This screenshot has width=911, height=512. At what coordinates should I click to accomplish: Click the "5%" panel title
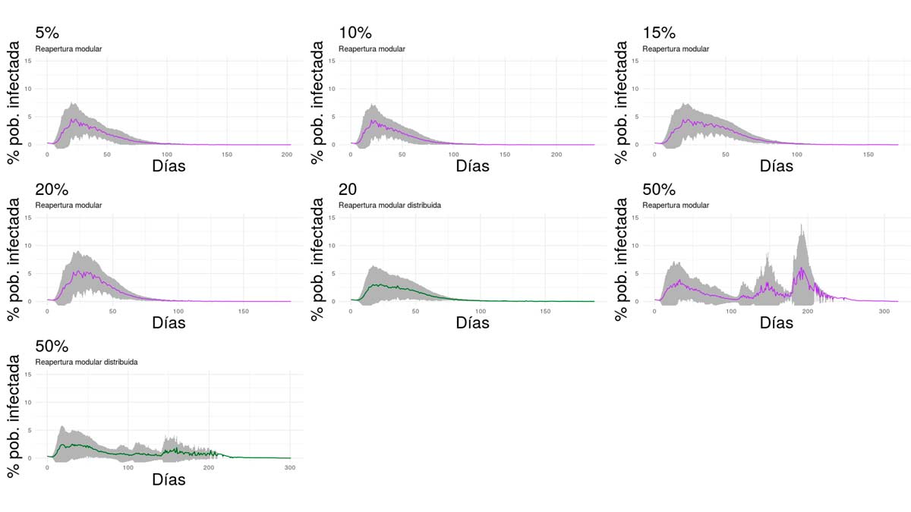(46, 33)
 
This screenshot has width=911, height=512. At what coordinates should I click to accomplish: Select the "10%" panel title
(355, 33)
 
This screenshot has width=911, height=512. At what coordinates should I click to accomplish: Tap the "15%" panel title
(658, 33)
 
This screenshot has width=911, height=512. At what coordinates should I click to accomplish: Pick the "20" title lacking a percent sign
(350, 190)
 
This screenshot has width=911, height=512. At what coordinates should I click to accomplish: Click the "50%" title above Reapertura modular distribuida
(51, 347)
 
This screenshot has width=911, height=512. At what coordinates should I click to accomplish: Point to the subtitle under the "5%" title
(68, 49)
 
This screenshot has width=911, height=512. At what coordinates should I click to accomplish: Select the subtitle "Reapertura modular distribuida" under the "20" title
(390, 206)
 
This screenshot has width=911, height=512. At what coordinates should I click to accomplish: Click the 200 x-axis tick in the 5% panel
(287, 154)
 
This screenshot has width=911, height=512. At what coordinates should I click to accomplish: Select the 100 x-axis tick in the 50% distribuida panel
(128, 467)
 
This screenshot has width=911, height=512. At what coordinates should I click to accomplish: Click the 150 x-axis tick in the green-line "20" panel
(544, 311)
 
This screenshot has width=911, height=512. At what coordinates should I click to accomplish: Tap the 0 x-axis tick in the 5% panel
(47, 154)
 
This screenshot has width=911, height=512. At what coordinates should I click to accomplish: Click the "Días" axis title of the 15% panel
(776, 166)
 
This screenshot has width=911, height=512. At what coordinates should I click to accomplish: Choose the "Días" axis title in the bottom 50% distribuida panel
(169, 479)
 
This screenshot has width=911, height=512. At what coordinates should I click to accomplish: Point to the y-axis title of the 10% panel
(317, 102)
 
